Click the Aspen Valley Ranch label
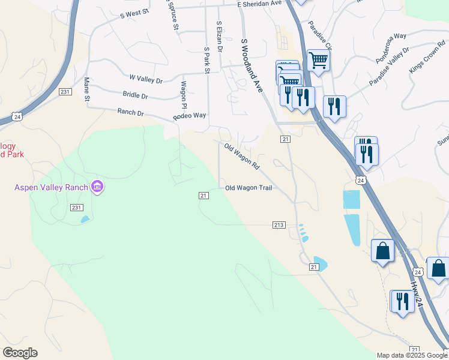coord(51,188)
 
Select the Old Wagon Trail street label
coord(249,188)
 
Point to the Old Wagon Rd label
coord(242,156)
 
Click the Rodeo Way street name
coord(190,116)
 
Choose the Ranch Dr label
coord(131,112)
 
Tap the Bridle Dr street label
coord(135,95)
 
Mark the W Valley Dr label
coord(146,79)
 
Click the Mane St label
coord(87,89)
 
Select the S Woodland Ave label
coord(252,65)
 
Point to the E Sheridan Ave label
coord(259,4)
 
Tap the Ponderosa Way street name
coord(391,49)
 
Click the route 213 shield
coord(279,225)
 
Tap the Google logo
coord(20,353)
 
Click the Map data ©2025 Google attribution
coord(412,355)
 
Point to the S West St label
coord(134,13)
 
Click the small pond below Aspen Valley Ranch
coord(84,219)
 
